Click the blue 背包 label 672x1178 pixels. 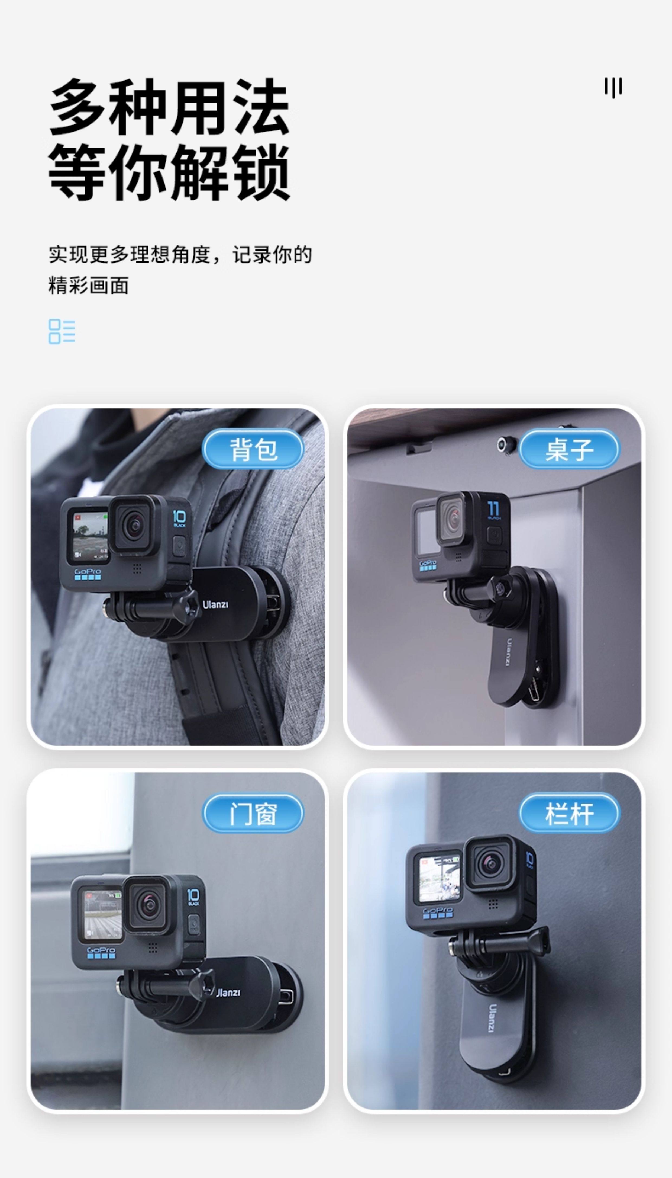[253, 449]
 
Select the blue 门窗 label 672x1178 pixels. [253, 813]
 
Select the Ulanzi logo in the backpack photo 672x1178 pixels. [215, 604]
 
